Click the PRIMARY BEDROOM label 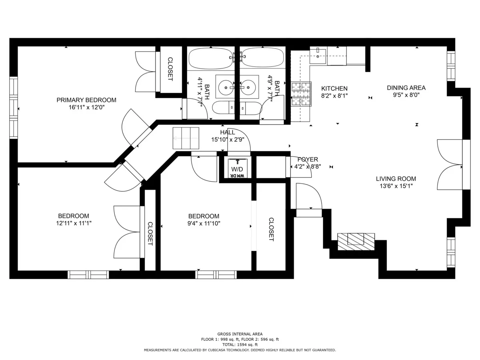coord(86,100)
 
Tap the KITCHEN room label coord(334,88)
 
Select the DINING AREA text coord(406,88)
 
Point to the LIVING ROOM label coord(396,179)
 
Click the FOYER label coord(308,159)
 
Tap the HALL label coord(227,132)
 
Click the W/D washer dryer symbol coord(237,168)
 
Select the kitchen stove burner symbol coord(301,94)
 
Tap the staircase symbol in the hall coord(186,138)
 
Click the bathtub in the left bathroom coord(210,58)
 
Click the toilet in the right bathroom coord(250,108)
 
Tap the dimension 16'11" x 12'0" coord(86,107)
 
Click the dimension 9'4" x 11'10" coord(204,223)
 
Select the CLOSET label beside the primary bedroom coord(170,69)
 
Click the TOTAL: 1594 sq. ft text coord(240,344)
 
